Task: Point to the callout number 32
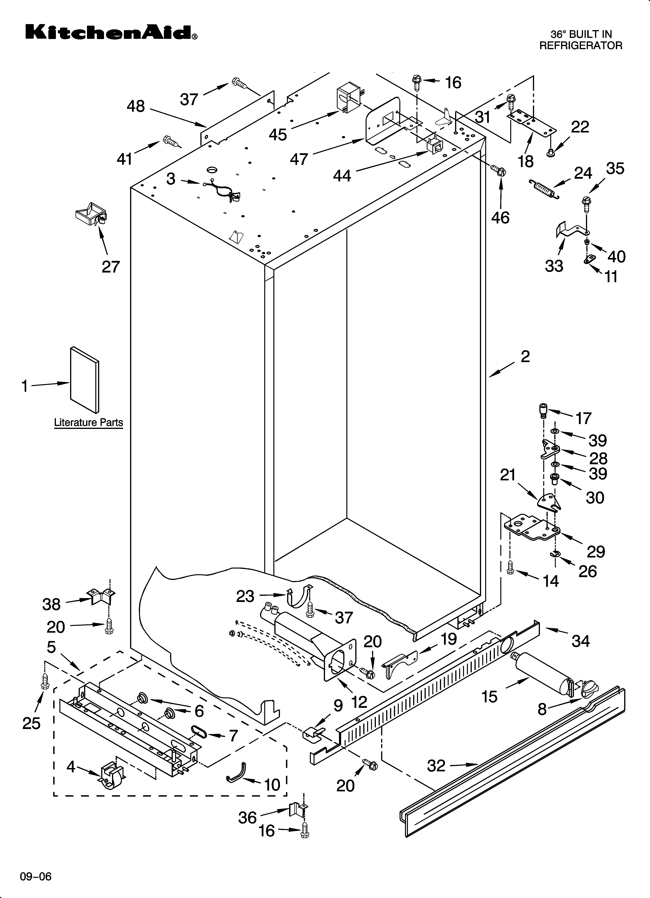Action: point(436,766)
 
